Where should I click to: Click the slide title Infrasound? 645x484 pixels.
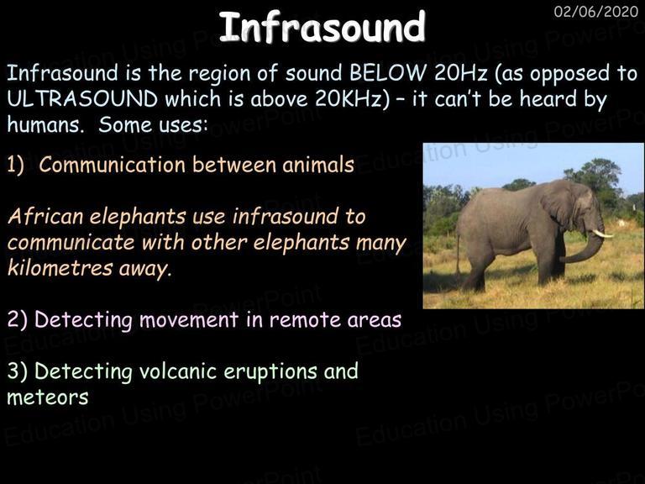[322, 27]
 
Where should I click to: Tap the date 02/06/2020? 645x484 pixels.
[596, 12]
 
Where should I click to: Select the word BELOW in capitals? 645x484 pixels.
[388, 73]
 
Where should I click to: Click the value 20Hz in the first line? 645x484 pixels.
[461, 73]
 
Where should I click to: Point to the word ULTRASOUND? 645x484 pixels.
[82, 99]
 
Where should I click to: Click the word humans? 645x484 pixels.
[45, 124]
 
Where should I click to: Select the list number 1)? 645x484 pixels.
[16, 165]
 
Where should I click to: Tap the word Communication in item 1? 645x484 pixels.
[112, 165]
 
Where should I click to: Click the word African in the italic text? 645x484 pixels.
[45, 217]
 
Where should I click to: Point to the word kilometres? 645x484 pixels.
[60, 268]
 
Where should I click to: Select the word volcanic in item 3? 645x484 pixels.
[178, 371]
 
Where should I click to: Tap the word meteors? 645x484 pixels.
[48, 397]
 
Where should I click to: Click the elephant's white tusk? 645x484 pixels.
[602, 234]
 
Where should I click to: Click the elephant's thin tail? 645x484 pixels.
[458, 255]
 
